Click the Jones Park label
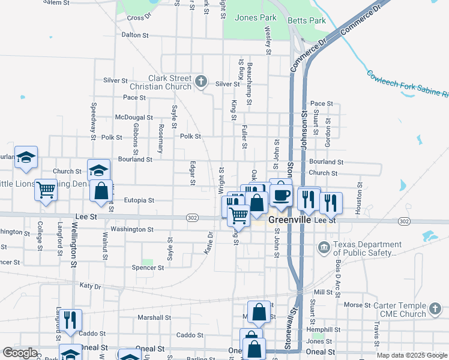coord(256,17)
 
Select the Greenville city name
coord(291,220)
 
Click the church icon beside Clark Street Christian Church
coord(201,80)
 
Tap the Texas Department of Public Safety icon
coord(324,247)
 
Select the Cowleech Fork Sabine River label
coord(408,84)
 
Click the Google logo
coord(20,353)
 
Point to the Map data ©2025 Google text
coord(411,355)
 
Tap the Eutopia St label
coord(139,200)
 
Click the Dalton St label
coord(135,35)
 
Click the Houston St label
coord(359,199)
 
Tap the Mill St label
coord(323,292)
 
